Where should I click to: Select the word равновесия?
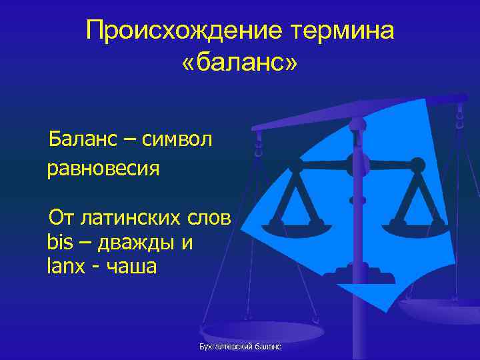(x=103, y=168)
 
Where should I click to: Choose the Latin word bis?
(x=59, y=241)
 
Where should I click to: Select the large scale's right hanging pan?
(x=440, y=307)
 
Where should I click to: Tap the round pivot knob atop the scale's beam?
(x=358, y=125)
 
